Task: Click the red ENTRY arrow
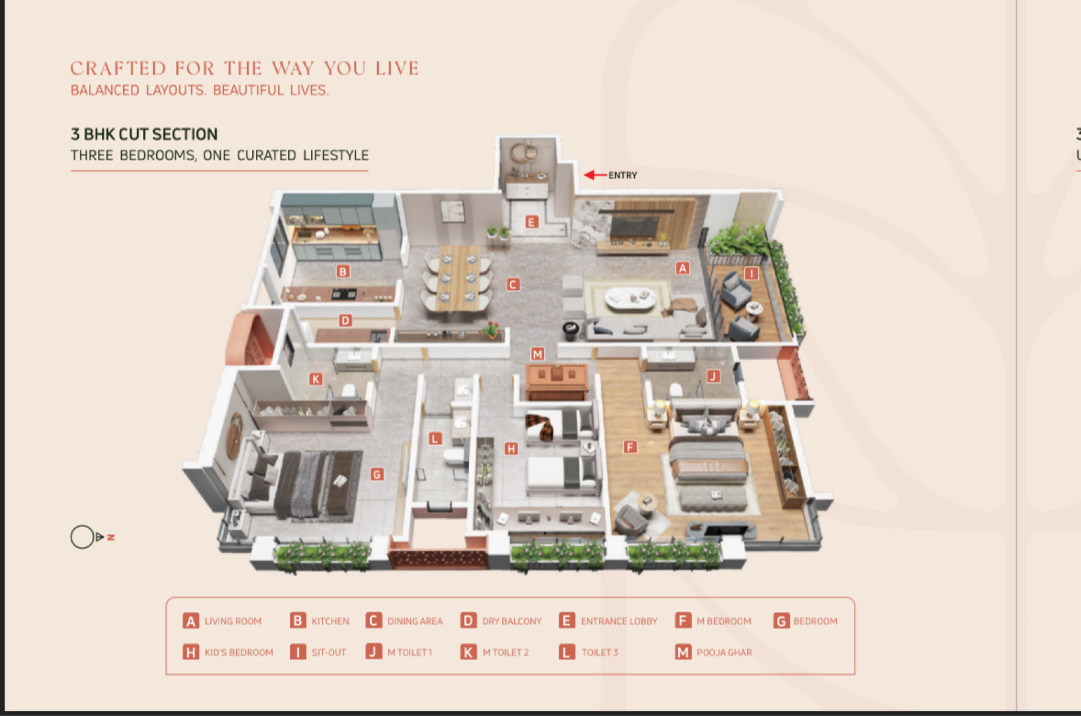[595, 175]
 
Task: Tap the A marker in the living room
[682, 268]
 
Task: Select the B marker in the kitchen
[343, 272]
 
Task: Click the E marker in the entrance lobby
[531, 222]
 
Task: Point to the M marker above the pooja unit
[537, 354]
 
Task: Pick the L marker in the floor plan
[435, 439]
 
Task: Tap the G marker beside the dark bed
[377, 475]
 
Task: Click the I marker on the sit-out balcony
[751, 274]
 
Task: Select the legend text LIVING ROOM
[233, 621]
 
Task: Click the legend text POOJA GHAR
[724, 652]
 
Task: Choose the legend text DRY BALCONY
[512, 621]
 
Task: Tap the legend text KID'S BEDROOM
[238, 652]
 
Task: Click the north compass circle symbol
[82, 537]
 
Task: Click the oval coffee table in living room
[630, 299]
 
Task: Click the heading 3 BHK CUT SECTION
[144, 134]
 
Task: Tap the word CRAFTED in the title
[118, 68]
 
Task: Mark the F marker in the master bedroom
[629, 447]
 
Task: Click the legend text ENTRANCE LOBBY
[619, 621]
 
